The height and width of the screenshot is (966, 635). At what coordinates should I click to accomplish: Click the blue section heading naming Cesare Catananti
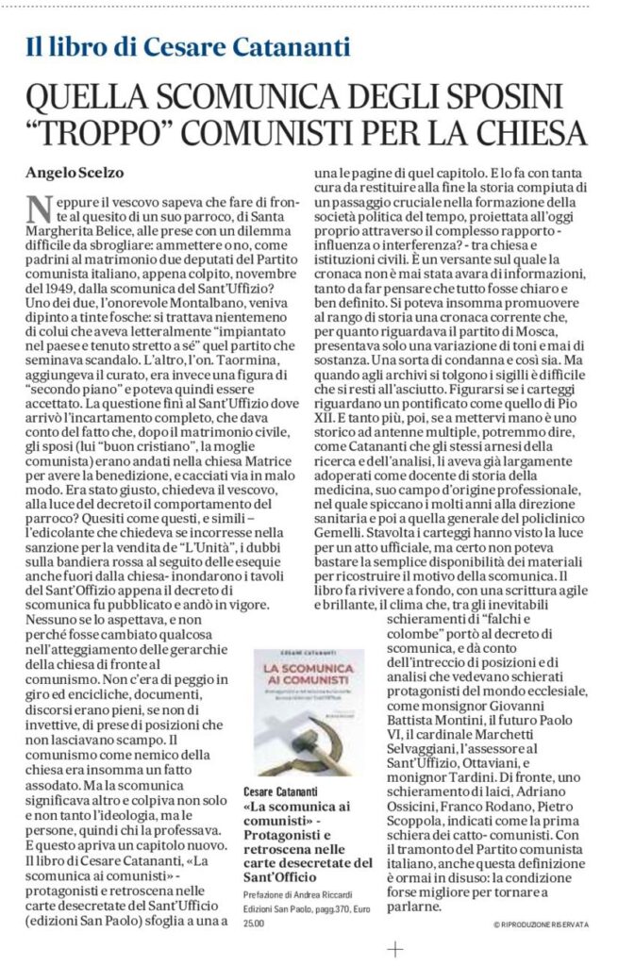click(x=188, y=46)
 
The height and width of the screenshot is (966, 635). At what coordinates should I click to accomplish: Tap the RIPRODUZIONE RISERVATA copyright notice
click(x=541, y=924)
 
